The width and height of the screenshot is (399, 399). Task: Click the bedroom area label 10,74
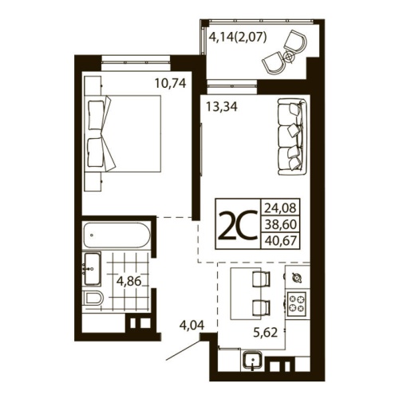170,81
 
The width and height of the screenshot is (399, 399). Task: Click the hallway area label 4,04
193,325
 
